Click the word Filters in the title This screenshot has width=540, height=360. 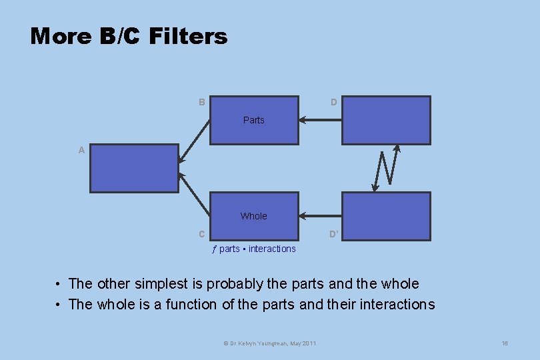pyautogui.click(x=189, y=36)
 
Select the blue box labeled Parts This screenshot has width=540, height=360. pyautogui.click(x=254, y=120)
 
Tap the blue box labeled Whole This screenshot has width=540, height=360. pyautogui.click(x=254, y=216)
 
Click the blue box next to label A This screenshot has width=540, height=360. pyautogui.click(x=134, y=168)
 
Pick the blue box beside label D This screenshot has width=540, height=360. pyautogui.click(x=386, y=120)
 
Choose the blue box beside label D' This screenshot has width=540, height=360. pyautogui.click(x=386, y=216)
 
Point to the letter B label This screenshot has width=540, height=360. pyautogui.click(x=201, y=102)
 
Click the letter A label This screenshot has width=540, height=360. pyautogui.click(x=81, y=151)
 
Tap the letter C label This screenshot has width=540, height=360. pyautogui.click(x=201, y=234)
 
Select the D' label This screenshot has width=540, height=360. pyautogui.click(x=334, y=234)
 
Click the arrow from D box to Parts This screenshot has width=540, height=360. pyautogui.click(x=320, y=120)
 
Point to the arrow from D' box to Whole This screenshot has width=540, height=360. pyautogui.click(x=320, y=216)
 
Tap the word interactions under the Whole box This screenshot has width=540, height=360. pyautogui.click(x=272, y=249)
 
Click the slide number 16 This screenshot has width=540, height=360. pyautogui.click(x=505, y=343)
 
